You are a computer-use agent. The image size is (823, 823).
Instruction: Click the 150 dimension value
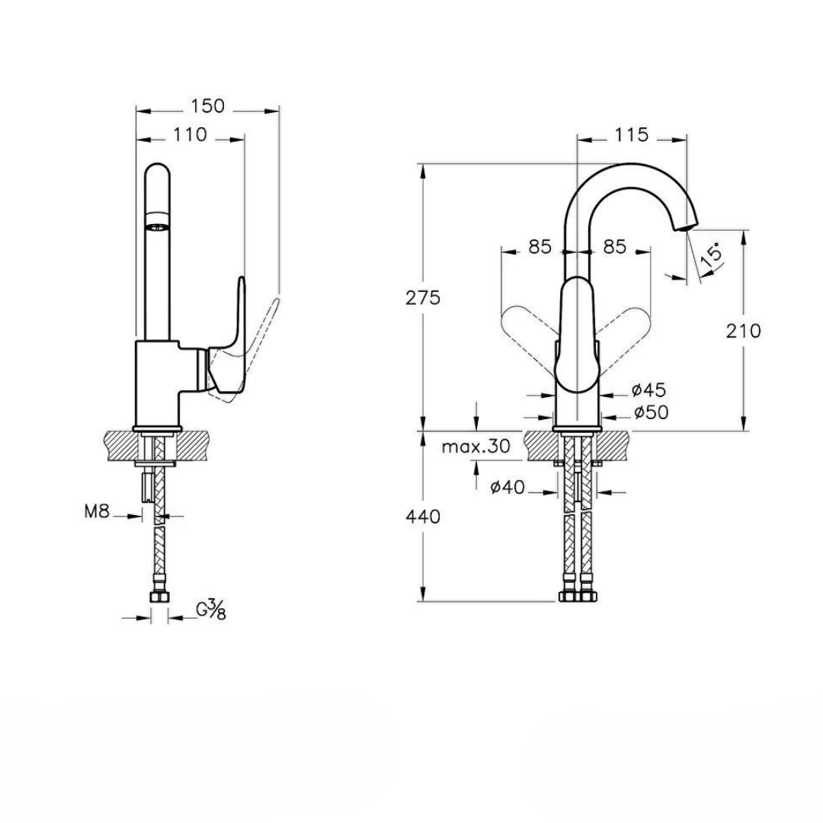(208, 106)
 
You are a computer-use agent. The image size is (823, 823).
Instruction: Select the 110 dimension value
(190, 135)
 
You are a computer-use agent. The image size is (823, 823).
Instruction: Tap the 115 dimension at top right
(631, 135)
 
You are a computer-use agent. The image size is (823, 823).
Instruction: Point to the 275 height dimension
(423, 298)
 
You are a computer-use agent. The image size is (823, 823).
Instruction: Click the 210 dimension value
(744, 331)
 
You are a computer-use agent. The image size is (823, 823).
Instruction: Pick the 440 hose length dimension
(423, 517)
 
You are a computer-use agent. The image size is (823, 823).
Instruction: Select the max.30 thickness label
(476, 447)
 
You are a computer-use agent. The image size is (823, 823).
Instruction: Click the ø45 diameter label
(648, 390)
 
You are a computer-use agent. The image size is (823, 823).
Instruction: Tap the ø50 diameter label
(650, 412)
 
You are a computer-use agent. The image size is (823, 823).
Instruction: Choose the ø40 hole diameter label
(508, 487)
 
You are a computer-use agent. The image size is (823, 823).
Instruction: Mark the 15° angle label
(710, 255)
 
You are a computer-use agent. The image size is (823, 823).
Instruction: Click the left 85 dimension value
(540, 247)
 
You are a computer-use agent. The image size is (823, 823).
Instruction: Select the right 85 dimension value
(614, 247)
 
